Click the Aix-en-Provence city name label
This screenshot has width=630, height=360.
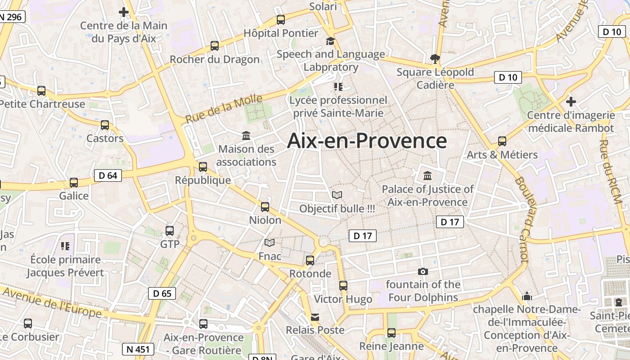click(367, 141)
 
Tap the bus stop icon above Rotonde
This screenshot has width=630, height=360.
click(310, 260)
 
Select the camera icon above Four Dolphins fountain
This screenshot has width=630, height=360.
click(423, 271)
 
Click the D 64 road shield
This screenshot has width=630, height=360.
click(108, 175)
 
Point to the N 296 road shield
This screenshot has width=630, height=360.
click(11, 17)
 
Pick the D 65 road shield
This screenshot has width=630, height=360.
click(162, 293)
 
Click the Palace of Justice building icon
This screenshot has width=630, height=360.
click(427, 175)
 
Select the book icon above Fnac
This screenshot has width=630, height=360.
click(270, 243)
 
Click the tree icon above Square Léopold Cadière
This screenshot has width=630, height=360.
click(435, 58)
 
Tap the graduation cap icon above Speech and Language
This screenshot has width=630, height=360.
click(331, 41)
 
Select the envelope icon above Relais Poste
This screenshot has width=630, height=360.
click(315, 317)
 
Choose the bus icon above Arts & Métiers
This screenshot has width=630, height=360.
click(502, 141)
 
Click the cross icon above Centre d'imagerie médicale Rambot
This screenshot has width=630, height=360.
click(571, 101)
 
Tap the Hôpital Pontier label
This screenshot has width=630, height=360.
click(281, 33)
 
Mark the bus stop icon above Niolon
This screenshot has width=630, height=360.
click(265, 207)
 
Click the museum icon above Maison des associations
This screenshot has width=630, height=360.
click(246, 135)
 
